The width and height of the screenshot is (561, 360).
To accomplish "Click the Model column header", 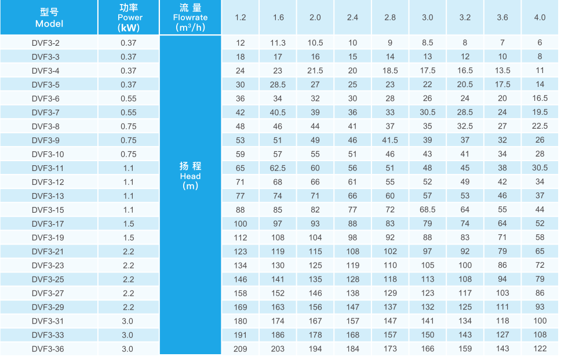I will tap(49, 17).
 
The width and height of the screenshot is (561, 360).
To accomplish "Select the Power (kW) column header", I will tap(129, 17).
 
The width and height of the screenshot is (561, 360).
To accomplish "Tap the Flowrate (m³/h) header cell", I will tap(190, 17).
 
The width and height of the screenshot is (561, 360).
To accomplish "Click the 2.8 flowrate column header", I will tap(390, 17).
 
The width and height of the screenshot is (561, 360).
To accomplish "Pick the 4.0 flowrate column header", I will tap(540, 17).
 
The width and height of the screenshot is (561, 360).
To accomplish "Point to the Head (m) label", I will tap(190, 176).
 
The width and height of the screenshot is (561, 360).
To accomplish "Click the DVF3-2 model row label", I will tap(46, 43).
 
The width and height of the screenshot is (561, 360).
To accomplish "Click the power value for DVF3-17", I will tap(129, 224).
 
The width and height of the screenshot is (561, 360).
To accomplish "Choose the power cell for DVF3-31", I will tap(129, 321).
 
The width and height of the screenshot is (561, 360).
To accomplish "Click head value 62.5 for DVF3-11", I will tap(278, 168).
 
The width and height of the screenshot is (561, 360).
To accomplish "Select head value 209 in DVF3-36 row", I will tap(241, 349).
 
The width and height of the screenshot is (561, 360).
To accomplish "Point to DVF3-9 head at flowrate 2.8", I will tap(390, 140).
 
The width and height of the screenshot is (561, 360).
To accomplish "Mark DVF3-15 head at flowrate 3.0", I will tap(428, 210).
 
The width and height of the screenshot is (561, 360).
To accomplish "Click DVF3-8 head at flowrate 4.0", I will tap(540, 126).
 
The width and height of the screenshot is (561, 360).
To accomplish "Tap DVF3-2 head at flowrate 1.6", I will tap(278, 43).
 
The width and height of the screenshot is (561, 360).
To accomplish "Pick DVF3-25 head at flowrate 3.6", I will tap(502, 279).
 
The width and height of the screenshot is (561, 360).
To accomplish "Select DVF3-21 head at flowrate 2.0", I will tap(315, 252).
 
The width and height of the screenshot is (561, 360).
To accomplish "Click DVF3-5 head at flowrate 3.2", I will tap(465, 85).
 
